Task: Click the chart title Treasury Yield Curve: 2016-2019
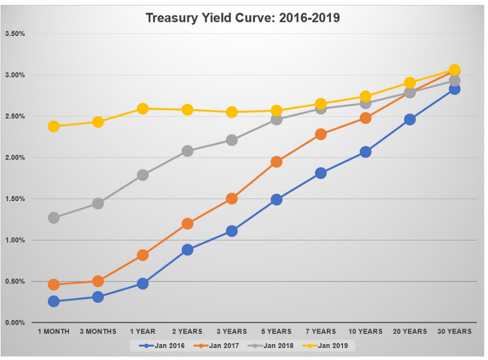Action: coord(243,18)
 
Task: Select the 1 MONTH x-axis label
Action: coord(54,331)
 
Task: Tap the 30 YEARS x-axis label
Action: coord(454,331)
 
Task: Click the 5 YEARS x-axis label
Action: coord(276,331)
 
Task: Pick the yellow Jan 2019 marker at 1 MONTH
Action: coord(54,126)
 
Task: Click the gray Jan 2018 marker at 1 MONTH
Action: coord(54,218)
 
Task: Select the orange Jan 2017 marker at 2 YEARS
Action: coord(187,223)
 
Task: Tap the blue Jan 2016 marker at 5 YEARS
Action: coord(276,200)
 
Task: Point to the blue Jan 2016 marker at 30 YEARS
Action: coord(454,89)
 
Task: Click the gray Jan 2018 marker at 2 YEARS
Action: coord(187,151)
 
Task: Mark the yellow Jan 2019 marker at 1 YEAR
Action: coord(143,109)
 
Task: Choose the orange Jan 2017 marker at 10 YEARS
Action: coord(365,118)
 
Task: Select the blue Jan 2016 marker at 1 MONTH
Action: coord(54,301)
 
